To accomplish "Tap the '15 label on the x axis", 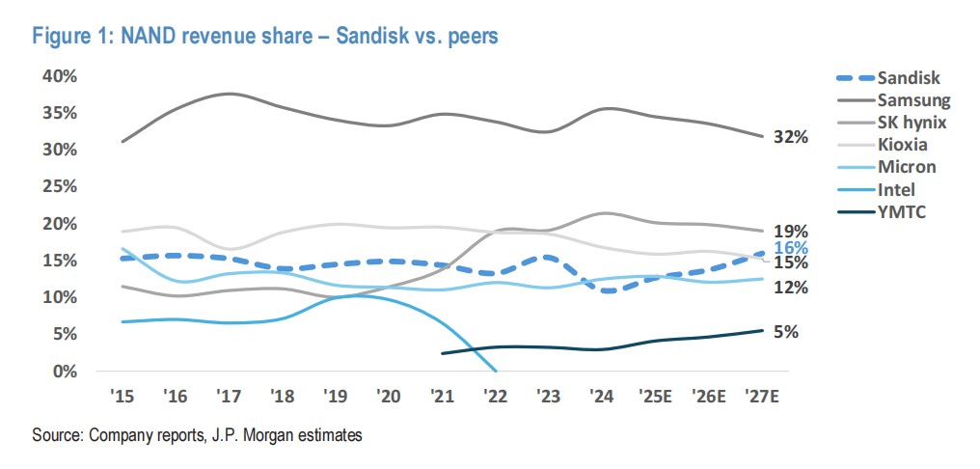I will pyautogui.click(x=122, y=397).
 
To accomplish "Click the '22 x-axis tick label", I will pyautogui.click(x=496, y=397).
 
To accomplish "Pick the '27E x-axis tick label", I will pyautogui.click(x=763, y=397).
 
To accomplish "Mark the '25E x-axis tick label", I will pyautogui.click(x=656, y=397).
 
